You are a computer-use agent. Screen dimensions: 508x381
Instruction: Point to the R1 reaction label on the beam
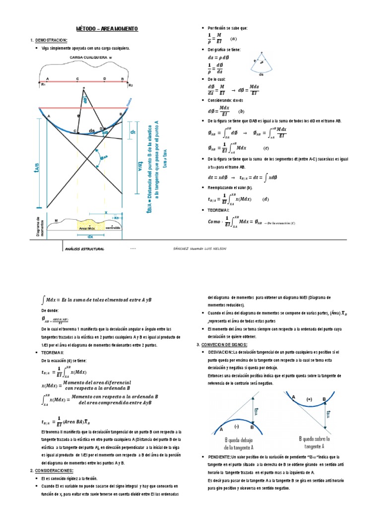[43, 85]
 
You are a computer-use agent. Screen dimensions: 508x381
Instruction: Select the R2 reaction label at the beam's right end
[131, 85]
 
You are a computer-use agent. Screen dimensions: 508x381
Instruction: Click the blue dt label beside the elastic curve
[133, 132]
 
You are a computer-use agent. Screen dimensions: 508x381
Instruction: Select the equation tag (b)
[241, 111]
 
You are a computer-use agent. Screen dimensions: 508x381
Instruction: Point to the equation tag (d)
[265, 199]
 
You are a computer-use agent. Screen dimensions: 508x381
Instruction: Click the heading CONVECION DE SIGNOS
[224, 344]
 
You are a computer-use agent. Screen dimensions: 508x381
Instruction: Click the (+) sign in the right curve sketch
[310, 399]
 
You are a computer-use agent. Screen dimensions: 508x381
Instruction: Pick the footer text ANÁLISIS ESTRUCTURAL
[84, 249]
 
